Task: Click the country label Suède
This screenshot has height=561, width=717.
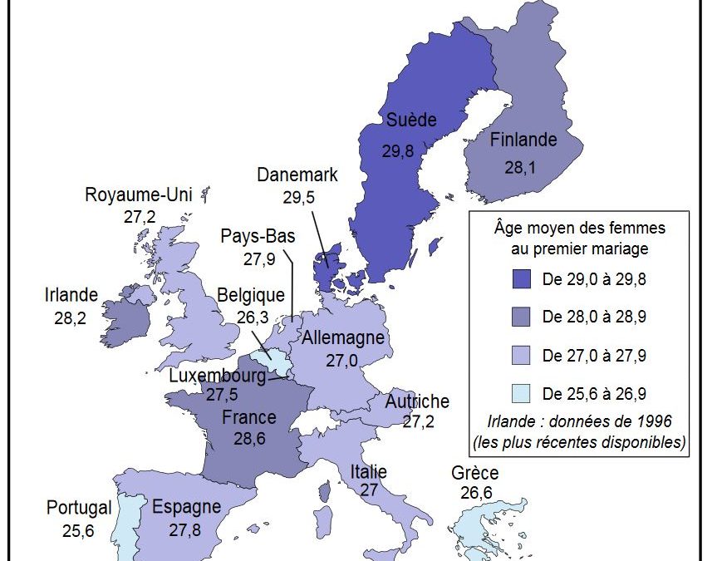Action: (x=410, y=121)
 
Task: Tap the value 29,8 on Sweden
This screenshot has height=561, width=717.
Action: (x=398, y=150)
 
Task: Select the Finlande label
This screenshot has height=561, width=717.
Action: (x=523, y=140)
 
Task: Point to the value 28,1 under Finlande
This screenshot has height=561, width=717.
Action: (x=520, y=166)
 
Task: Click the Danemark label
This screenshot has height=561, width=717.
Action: (x=297, y=175)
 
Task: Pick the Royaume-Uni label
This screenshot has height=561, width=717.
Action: (x=139, y=195)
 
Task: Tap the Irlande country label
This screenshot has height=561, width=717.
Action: (x=71, y=295)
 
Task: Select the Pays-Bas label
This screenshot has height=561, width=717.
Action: (x=258, y=236)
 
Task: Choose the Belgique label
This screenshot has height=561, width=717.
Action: (x=251, y=295)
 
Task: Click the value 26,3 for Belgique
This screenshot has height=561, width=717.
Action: (x=252, y=317)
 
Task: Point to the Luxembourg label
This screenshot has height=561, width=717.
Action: (x=218, y=376)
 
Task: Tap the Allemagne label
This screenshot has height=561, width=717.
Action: (x=343, y=338)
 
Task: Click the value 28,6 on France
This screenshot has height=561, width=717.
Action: (x=249, y=439)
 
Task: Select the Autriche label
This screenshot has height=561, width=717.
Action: (x=417, y=401)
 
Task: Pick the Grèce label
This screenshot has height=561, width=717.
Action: (x=475, y=474)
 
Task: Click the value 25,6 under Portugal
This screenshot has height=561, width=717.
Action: (x=77, y=529)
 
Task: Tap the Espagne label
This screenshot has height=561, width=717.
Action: (x=186, y=507)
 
